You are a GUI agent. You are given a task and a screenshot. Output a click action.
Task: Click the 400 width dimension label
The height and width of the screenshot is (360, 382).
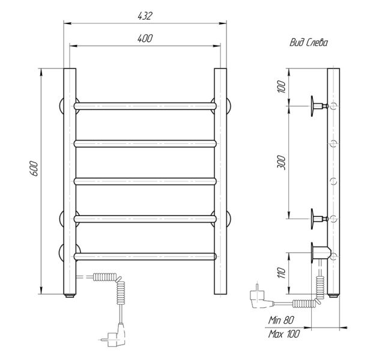[x=145, y=38]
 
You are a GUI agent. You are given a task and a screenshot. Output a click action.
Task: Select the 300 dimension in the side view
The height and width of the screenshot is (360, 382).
[x=281, y=161]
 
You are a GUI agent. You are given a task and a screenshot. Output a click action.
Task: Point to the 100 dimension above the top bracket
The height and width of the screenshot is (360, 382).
[x=281, y=86]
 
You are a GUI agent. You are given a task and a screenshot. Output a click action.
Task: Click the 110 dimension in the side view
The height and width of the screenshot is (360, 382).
[x=281, y=274]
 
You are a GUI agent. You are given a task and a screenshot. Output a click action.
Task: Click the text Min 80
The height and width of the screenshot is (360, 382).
[x=282, y=320]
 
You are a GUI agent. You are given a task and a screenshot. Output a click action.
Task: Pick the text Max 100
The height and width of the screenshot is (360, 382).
[x=283, y=334]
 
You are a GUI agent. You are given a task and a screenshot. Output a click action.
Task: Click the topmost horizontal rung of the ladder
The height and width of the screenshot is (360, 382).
[x=144, y=106]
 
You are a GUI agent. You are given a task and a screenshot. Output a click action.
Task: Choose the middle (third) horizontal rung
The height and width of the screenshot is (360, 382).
[x=144, y=180]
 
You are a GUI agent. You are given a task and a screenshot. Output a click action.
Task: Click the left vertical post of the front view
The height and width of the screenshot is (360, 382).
[x=70, y=180]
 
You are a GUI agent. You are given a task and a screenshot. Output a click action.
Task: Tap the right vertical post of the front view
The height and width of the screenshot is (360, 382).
[x=220, y=180]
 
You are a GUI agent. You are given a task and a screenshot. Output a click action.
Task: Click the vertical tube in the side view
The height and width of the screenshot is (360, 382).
[x=333, y=180]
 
